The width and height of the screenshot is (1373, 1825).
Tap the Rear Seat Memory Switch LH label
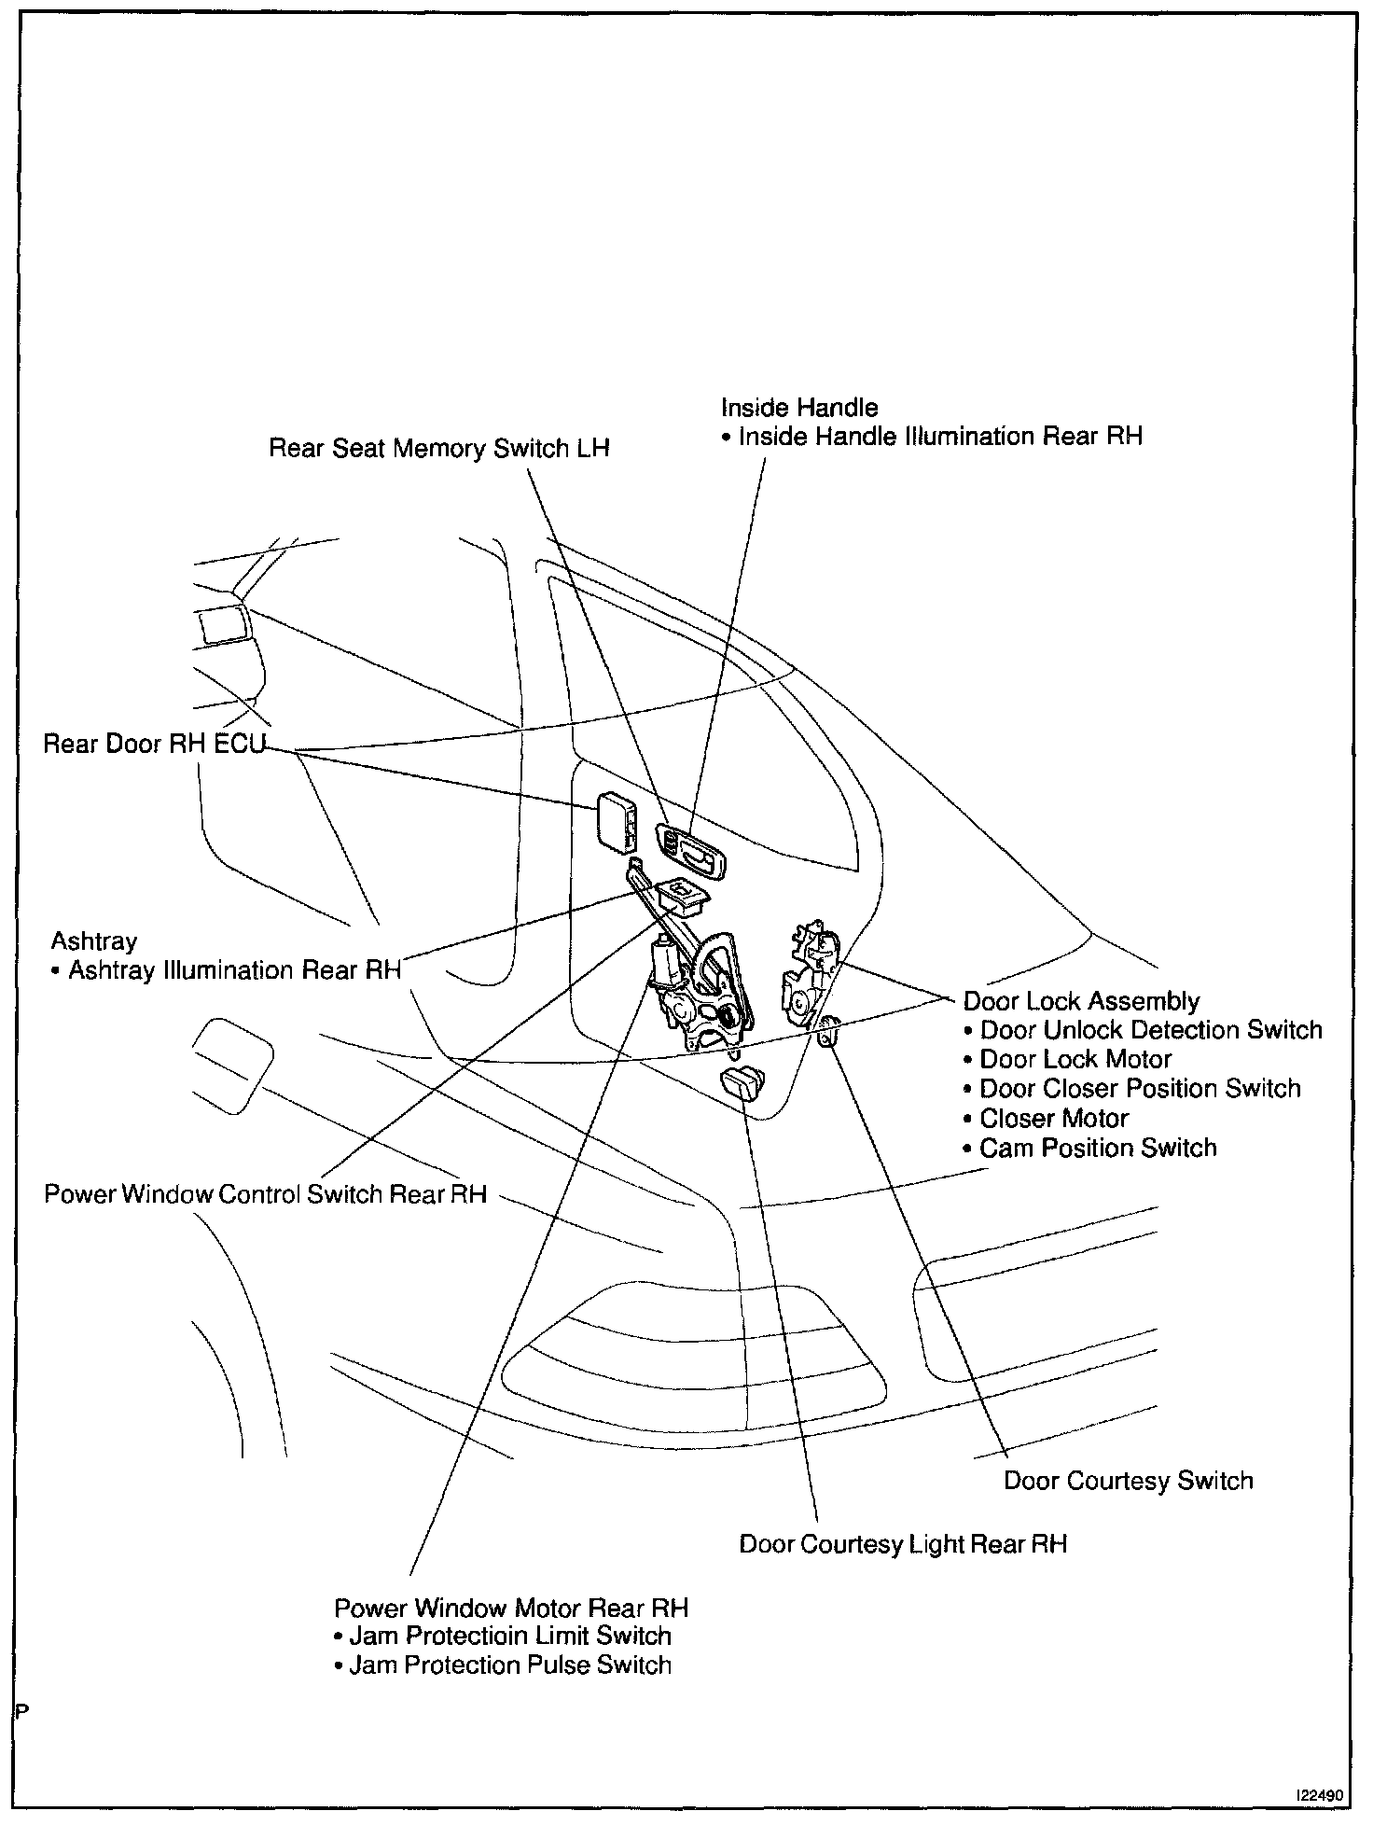(438, 449)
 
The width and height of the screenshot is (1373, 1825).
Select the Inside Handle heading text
(799, 408)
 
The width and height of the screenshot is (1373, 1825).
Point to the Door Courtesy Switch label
(1128, 1481)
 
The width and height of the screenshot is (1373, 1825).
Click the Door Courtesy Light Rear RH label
(902, 1544)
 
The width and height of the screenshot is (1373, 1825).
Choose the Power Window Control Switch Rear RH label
(265, 1194)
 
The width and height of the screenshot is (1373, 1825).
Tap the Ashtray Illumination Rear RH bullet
(233, 970)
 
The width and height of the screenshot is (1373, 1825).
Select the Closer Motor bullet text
(1053, 1118)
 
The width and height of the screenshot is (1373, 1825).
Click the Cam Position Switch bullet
(1097, 1148)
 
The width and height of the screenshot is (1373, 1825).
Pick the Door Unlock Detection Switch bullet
(1150, 1030)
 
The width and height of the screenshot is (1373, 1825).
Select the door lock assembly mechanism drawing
(809, 975)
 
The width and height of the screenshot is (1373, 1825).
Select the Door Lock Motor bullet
(1075, 1059)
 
